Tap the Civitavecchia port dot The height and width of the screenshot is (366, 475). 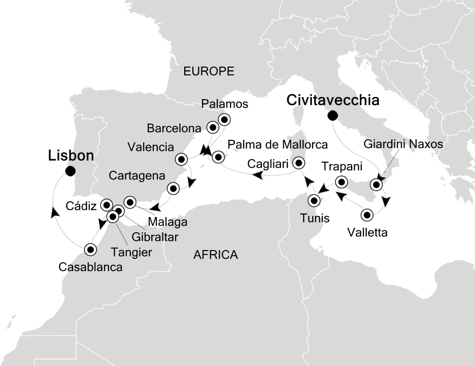coord(332,115)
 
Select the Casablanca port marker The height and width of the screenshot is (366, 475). coord(90,249)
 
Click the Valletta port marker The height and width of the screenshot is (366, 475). coord(366,215)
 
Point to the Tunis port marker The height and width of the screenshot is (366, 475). coord(315,200)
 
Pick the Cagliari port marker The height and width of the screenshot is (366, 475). coord(299,163)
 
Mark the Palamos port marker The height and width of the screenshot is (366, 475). coord(224,119)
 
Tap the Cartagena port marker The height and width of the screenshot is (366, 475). coord(173,189)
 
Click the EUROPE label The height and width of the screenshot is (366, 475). coord(209,72)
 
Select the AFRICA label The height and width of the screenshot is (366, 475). coord(216,255)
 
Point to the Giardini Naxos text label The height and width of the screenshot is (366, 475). coord(403,144)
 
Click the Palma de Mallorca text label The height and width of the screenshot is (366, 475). coord(277,144)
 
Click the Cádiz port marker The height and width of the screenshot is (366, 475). coord(107,205)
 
